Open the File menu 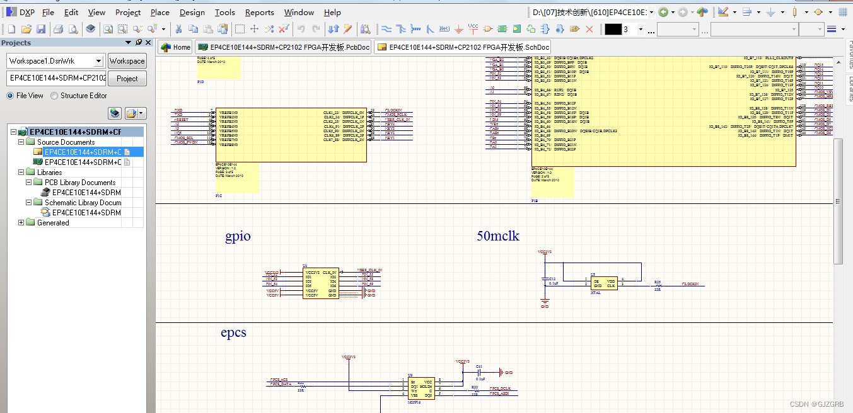48,12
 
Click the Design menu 192,12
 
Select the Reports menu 259,12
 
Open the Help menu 332,12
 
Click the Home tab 175,47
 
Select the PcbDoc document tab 284,47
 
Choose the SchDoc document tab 463,47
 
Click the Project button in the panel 127,79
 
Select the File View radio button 10,96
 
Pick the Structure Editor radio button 54,96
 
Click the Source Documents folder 66,142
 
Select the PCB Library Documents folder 79,183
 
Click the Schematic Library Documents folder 83,203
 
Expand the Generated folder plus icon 21,223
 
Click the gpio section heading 238,237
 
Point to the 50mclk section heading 497,237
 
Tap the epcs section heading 233,332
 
